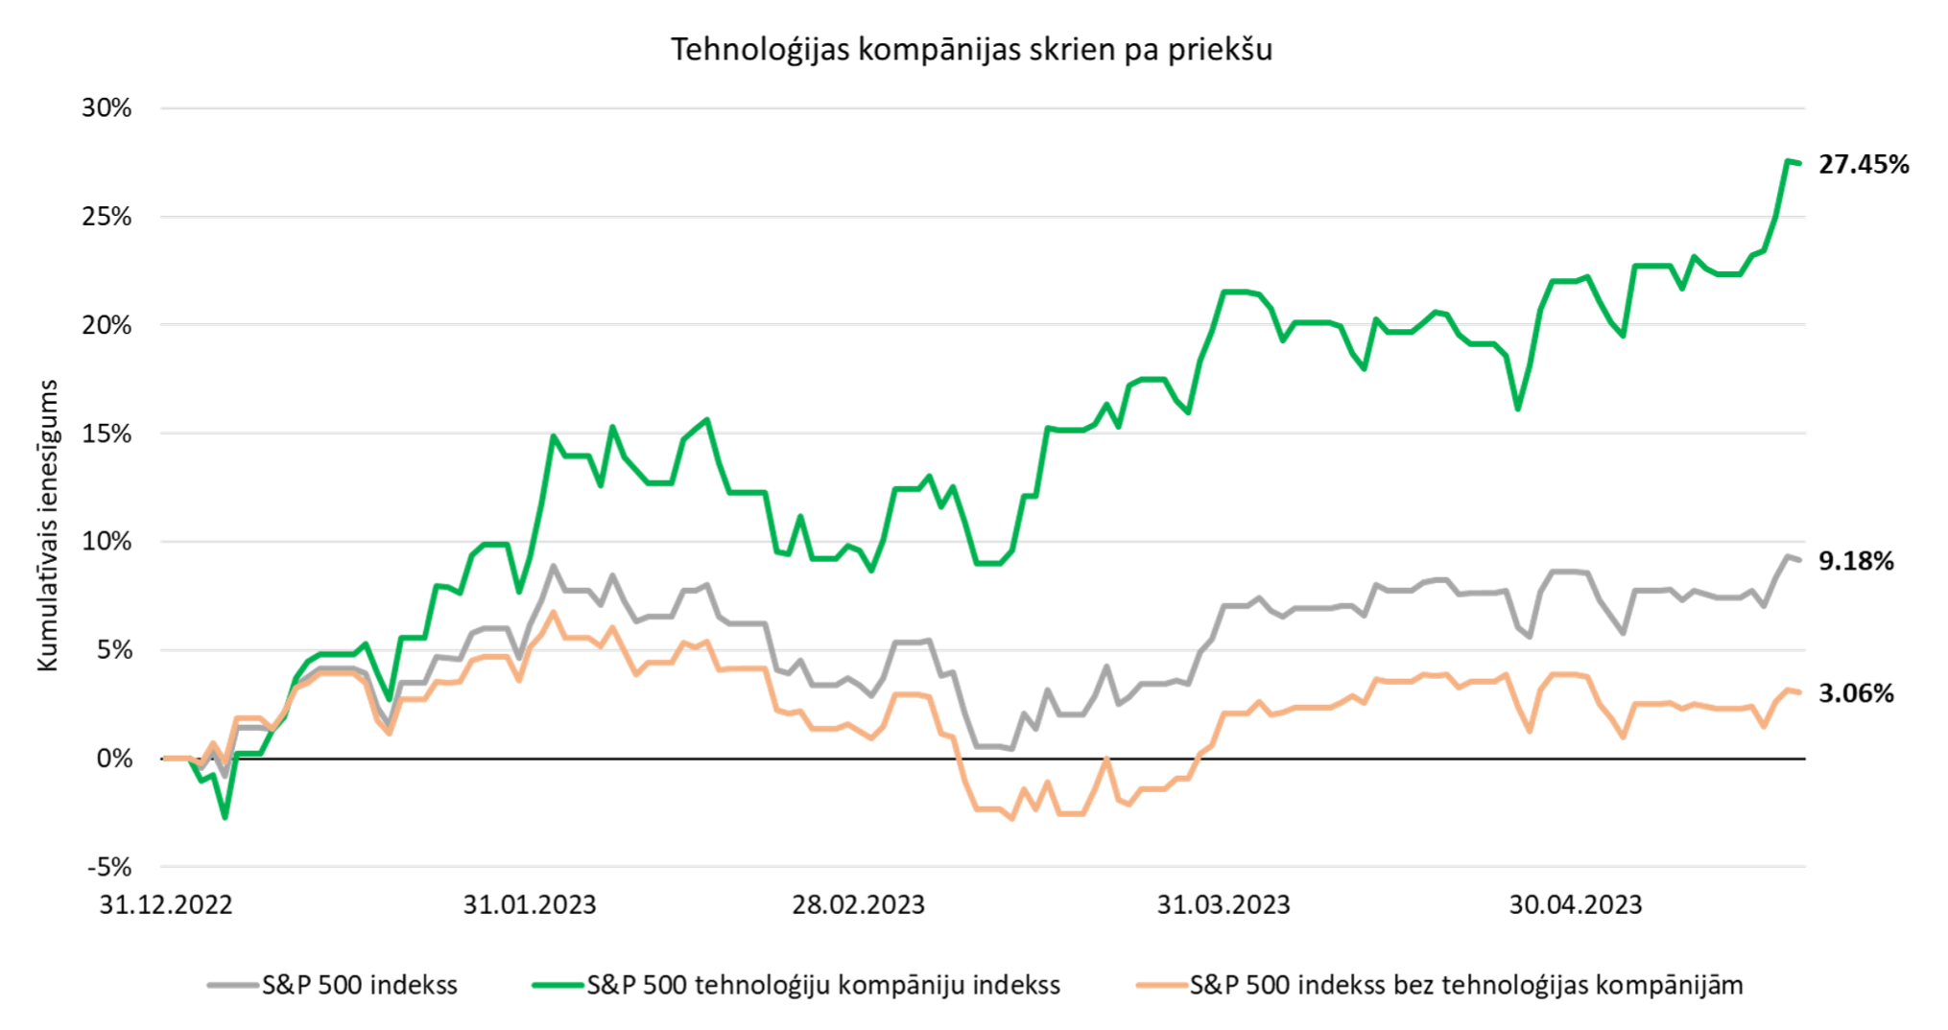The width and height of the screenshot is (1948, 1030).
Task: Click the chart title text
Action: point(971,49)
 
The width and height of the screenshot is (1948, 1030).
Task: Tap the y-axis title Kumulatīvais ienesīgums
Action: point(48,525)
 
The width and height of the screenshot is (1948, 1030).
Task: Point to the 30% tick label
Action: point(107,108)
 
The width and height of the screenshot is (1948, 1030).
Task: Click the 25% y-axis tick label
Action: point(107,217)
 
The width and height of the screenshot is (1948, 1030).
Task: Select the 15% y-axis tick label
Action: point(107,433)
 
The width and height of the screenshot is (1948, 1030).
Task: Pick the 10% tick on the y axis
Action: point(107,542)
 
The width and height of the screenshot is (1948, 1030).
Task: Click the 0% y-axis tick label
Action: point(114,759)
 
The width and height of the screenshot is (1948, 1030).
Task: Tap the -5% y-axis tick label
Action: point(109,867)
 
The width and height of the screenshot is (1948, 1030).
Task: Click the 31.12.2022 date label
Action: point(166,904)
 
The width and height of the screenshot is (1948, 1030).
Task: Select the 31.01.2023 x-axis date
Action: point(530,904)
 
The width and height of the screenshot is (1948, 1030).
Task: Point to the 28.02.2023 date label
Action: point(858,904)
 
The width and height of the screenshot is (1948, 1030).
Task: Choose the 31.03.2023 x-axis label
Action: point(1223,904)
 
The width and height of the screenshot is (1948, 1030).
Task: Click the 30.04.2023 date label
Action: point(1576,904)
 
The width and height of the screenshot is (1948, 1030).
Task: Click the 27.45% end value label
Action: point(1864,165)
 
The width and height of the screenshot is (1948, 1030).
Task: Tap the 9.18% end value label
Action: point(1856,561)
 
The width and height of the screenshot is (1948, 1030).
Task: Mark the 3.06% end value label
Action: point(1856,693)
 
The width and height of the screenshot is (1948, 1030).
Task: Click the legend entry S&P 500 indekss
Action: point(359,985)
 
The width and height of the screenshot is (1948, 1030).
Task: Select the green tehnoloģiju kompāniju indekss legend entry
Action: point(822,985)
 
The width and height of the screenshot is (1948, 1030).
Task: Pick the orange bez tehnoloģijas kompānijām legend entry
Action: point(1465,985)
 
